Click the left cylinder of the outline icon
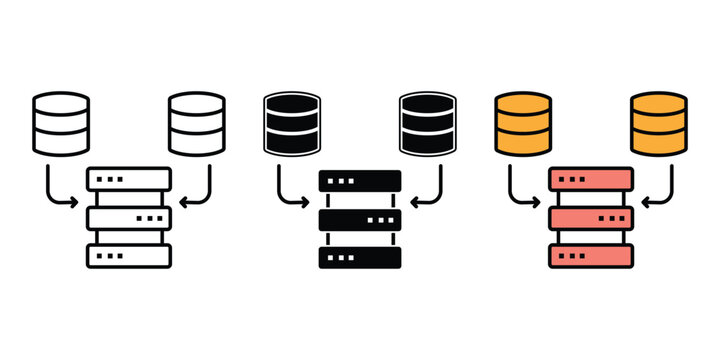(x=61, y=123)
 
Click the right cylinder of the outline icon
(x=198, y=123)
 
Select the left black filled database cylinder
(x=292, y=123)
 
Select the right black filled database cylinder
(x=428, y=123)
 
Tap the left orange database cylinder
(x=523, y=123)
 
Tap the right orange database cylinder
(x=659, y=123)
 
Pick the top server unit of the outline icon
(x=129, y=180)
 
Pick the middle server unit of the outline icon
(x=129, y=218)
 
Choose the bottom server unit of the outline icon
(x=129, y=256)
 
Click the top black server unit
(x=360, y=180)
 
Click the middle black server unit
(x=360, y=218)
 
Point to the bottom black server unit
(x=360, y=256)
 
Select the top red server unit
(x=591, y=180)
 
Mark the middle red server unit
(x=591, y=218)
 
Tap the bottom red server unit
(x=591, y=256)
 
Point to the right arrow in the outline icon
(x=202, y=192)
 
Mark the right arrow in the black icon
(x=433, y=192)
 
